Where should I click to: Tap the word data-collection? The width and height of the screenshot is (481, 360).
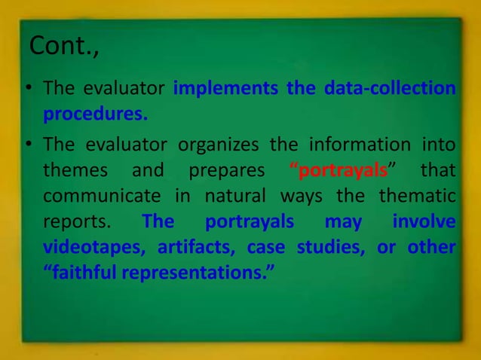[x=390, y=89]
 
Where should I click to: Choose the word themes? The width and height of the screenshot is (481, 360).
[x=75, y=169]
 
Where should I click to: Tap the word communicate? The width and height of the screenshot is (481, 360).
[x=101, y=196]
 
